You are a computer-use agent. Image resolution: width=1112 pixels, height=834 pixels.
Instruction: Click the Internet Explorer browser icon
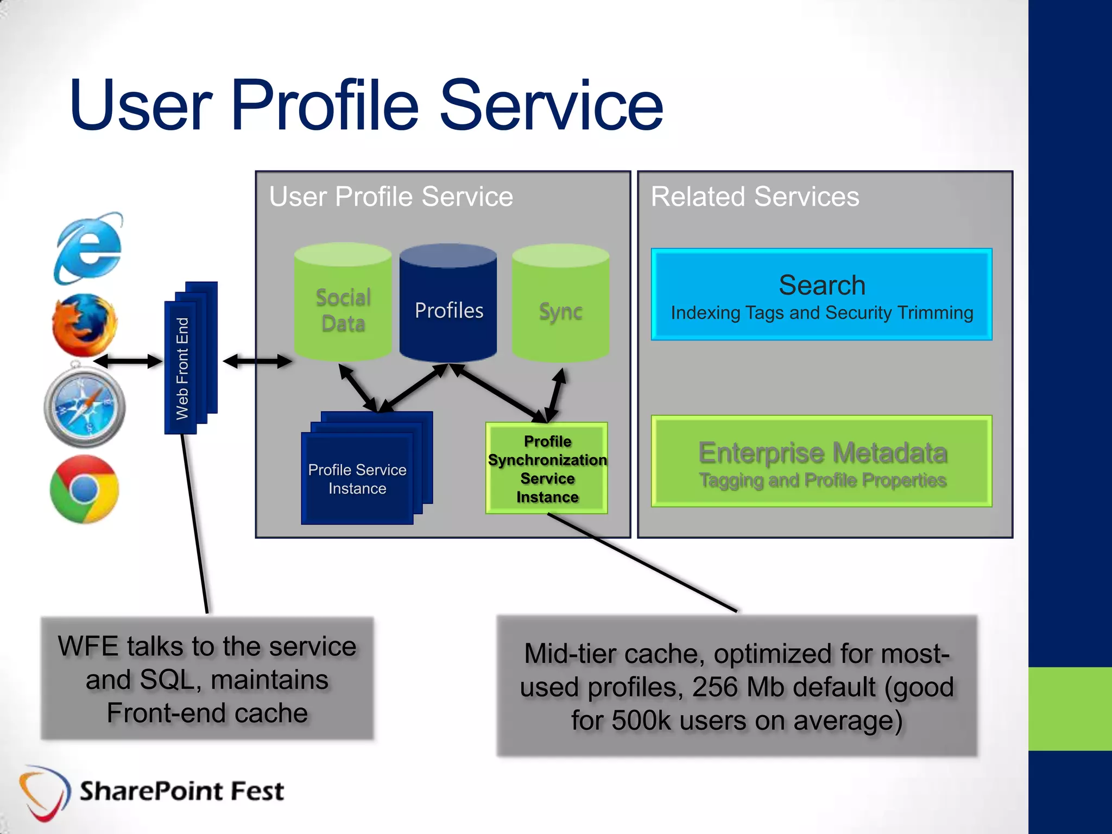pos(89,249)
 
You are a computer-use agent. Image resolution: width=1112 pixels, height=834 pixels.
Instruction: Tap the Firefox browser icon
pos(85,325)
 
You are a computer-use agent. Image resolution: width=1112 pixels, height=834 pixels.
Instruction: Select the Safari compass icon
pos(85,407)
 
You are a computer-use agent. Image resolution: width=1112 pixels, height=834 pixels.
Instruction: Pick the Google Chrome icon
pos(84,489)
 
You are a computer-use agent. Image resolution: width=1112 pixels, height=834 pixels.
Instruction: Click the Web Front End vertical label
pos(182,369)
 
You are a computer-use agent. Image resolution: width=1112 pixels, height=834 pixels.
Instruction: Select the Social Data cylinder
pos(343,304)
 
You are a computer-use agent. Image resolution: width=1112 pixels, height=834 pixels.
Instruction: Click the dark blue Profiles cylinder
pos(448,304)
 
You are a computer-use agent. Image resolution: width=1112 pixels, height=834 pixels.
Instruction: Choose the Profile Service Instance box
pos(357,478)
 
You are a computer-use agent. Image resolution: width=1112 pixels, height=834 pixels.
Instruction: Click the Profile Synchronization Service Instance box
pos(547,469)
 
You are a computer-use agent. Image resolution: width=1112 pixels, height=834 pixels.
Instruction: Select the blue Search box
pos(822,295)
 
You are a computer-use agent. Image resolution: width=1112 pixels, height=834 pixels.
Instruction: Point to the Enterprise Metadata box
pos(822,462)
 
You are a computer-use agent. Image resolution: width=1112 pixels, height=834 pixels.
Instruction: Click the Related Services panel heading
pos(755,197)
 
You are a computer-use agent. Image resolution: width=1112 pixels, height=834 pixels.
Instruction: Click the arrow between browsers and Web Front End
pos(128,361)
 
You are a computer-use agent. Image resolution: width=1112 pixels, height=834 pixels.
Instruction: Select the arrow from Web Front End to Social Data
pos(257,361)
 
